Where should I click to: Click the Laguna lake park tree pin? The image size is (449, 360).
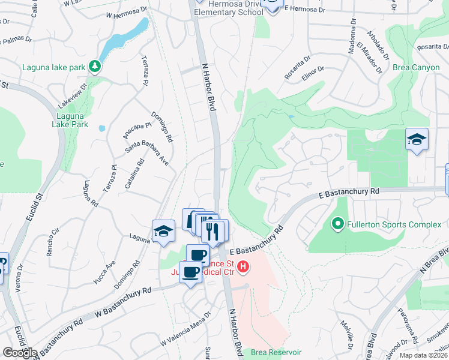[x=94, y=66]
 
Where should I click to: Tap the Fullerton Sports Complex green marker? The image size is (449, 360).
[x=338, y=225]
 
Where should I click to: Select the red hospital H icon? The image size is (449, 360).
[x=243, y=266]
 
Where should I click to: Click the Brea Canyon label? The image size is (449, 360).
[x=416, y=67]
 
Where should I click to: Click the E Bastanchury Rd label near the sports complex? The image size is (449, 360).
[x=349, y=192]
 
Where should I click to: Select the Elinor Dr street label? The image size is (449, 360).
[x=313, y=74]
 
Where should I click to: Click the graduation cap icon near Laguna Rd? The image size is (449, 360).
[x=163, y=232]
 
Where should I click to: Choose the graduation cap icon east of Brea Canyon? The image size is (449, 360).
[x=417, y=140]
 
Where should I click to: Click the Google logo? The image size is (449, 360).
[x=19, y=353]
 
